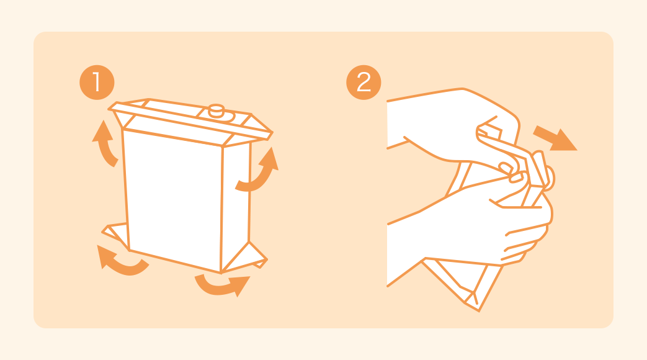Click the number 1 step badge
[97, 83]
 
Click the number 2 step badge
[364, 83]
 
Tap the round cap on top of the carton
[216, 110]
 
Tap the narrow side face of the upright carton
[236, 207]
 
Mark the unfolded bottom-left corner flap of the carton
[115, 235]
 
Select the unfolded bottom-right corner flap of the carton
[246, 258]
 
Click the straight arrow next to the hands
[555, 140]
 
